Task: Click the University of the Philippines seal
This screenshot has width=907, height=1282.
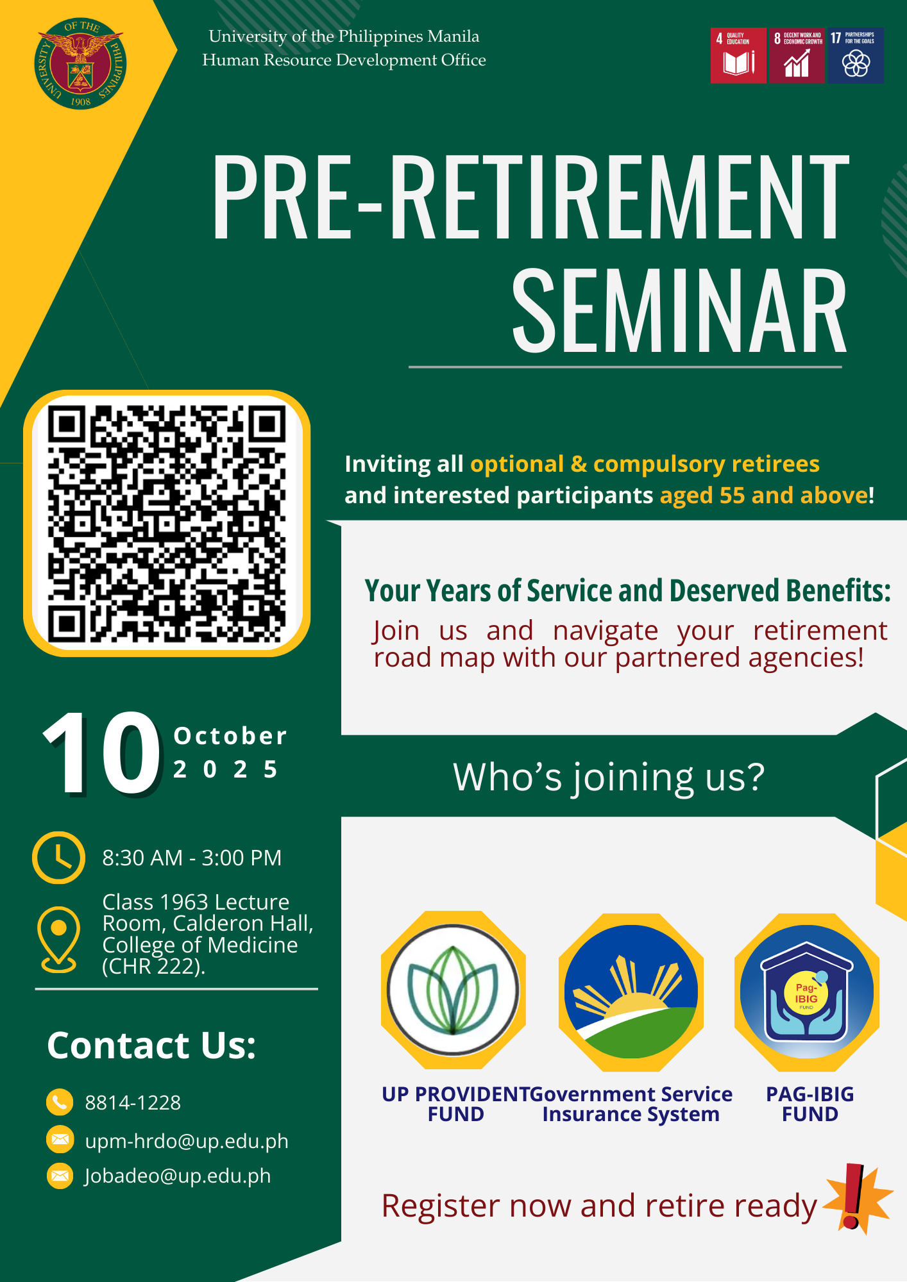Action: (x=80, y=63)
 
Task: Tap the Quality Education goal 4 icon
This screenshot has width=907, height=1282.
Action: (x=738, y=56)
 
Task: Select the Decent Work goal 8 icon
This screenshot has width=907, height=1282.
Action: (x=797, y=56)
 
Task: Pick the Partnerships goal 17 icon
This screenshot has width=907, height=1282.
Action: (x=856, y=56)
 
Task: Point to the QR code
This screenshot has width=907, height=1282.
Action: (x=167, y=523)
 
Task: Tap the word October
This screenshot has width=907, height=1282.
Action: (x=230, y=736)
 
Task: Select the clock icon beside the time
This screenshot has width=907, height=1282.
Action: (x=58, y=858)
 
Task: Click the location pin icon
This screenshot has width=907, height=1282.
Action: (x=58, y=940)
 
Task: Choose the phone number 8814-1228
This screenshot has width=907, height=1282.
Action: (x=133, y=1103)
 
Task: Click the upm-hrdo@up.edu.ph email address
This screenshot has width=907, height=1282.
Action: (x=187, y=1141)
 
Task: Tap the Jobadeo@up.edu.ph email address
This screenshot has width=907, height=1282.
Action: (x=178, y=1176)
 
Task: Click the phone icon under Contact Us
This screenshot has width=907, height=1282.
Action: (x=60, y=1102)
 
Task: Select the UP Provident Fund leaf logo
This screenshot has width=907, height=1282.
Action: (x=453, y=990)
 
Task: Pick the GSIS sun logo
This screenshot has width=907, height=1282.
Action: (x=631, y=992)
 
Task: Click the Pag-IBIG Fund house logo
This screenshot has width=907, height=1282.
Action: (x=807, y=992)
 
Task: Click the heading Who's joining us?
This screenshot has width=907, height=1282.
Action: (x=609, y=777)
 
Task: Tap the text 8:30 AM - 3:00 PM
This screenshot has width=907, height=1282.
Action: (x=192, y=858)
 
